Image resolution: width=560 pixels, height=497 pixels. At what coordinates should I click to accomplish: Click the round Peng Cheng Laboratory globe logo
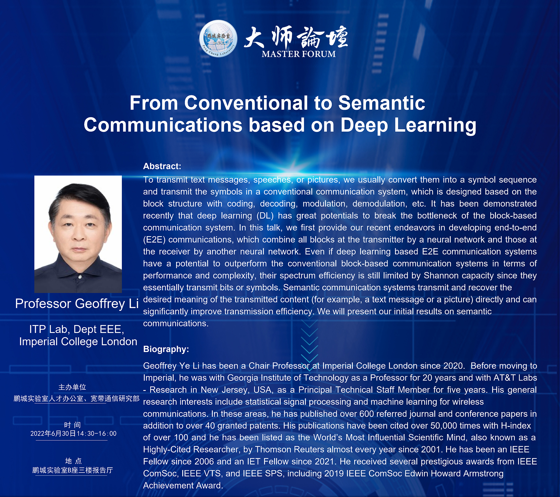(218, 38)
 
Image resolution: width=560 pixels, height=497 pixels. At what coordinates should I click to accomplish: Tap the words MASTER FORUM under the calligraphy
(298, 54)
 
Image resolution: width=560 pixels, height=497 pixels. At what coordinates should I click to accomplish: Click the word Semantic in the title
(382, 103)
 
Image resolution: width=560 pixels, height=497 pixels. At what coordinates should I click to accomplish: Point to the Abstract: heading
(162, 166)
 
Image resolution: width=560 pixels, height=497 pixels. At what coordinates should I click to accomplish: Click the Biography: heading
(166, 349)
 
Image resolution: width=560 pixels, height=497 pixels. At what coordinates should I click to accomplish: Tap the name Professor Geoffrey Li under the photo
(77, 303)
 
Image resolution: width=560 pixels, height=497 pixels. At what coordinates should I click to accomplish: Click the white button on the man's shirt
(80, 277)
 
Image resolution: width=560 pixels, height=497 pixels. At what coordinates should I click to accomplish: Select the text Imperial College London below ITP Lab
(78, 342)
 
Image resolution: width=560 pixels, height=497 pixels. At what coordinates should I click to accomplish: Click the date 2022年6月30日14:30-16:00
(73, 434)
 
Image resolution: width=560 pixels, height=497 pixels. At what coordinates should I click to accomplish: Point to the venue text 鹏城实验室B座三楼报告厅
(73, 470)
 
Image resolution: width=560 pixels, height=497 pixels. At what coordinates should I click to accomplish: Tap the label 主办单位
(72, 387)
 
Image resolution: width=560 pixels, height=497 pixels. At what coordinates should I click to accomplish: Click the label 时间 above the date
(73, 425)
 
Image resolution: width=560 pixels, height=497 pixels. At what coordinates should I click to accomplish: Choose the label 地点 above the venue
(73, 461)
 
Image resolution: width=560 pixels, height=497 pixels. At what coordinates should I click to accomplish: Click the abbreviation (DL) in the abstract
(265, 216)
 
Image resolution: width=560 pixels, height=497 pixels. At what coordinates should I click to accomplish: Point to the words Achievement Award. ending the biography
(183, 486)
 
